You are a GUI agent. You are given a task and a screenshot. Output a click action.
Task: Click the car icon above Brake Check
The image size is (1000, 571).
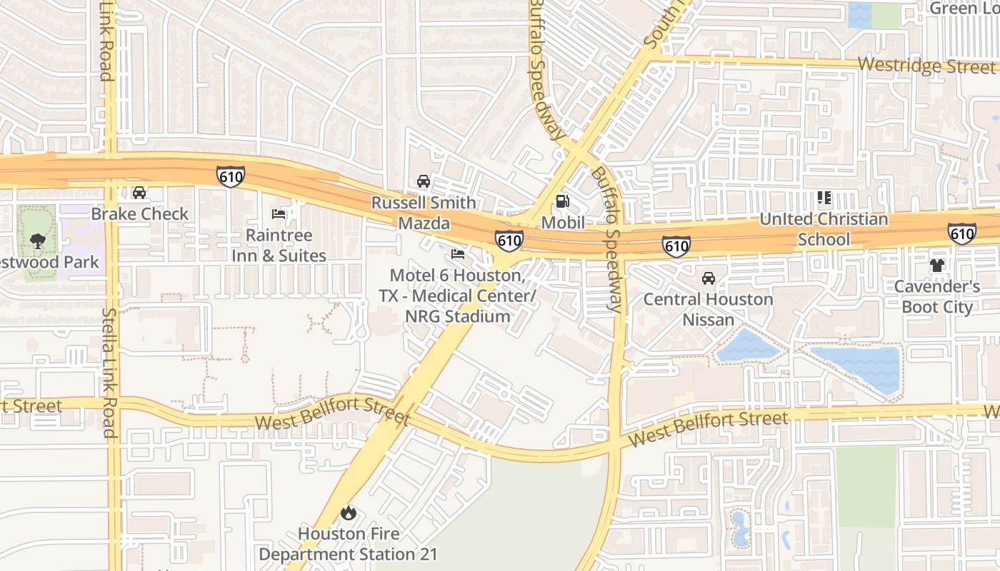point(139,193)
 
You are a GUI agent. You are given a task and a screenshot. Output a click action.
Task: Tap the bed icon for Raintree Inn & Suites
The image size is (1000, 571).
point(279,214)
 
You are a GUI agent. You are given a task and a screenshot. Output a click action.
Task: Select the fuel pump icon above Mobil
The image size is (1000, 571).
point(563,201)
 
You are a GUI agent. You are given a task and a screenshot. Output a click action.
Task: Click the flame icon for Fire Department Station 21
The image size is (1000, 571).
point(348,512)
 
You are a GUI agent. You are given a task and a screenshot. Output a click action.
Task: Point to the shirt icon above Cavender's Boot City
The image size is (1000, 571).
point(937,266)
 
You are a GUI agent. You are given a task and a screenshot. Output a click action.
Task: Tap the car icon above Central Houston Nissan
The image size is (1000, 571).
point(708,278)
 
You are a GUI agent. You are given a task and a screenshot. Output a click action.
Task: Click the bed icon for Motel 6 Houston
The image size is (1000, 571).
point(458,254)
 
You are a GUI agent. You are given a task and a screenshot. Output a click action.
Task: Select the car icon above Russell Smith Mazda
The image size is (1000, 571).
point(424,181)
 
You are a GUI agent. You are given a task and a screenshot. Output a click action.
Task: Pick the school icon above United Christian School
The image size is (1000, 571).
point(824,198)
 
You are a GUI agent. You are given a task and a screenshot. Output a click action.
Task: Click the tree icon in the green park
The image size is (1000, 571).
point(38,241)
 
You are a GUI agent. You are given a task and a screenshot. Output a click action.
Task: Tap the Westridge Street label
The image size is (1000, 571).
point(926,66)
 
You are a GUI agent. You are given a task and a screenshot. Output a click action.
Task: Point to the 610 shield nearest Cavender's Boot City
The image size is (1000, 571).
point(962,233)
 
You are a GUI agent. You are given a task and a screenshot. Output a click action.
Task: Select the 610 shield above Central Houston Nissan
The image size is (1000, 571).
point(676,246)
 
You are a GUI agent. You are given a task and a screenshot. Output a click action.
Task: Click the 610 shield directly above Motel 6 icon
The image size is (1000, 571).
point(509,241)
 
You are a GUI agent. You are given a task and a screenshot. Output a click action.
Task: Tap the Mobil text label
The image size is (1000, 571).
point(563,223)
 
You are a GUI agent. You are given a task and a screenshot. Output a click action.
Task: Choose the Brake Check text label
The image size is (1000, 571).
point(140,213)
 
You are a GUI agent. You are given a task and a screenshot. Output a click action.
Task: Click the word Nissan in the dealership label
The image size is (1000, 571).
point(708,319)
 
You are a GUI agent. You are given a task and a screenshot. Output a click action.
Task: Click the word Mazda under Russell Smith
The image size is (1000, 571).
point(424,223)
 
